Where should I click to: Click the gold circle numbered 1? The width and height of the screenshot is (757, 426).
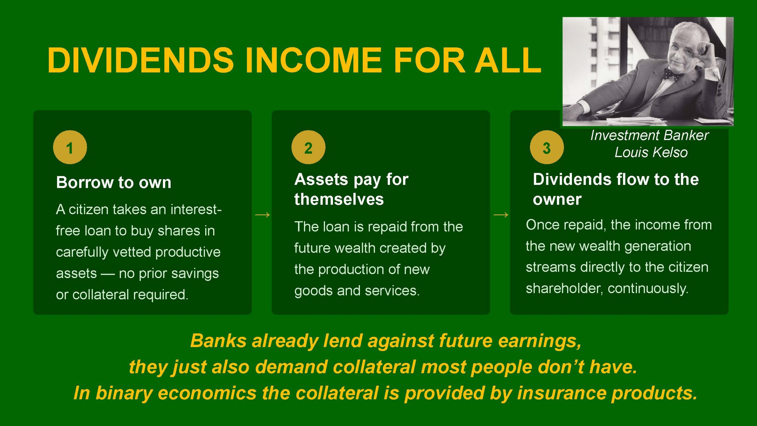pos(70,147)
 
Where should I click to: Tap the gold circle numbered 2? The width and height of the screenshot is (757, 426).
pos(308,147)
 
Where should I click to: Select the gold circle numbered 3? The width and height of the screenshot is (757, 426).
pos(547,147)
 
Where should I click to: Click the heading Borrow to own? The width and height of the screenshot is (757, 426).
pos(114,182)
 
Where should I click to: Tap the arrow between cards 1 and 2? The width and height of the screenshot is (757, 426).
pos(262,215)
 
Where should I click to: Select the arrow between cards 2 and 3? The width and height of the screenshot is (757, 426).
pos(501,215)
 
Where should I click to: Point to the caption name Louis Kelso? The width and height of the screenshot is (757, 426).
pos(651,153)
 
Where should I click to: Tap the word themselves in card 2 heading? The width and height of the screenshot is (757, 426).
pos(339,199)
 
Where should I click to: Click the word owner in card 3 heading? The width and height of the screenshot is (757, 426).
pos(557,199)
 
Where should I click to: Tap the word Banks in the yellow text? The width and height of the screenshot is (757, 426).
pos(218,341)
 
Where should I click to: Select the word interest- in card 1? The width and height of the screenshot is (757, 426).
pos(196,209)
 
